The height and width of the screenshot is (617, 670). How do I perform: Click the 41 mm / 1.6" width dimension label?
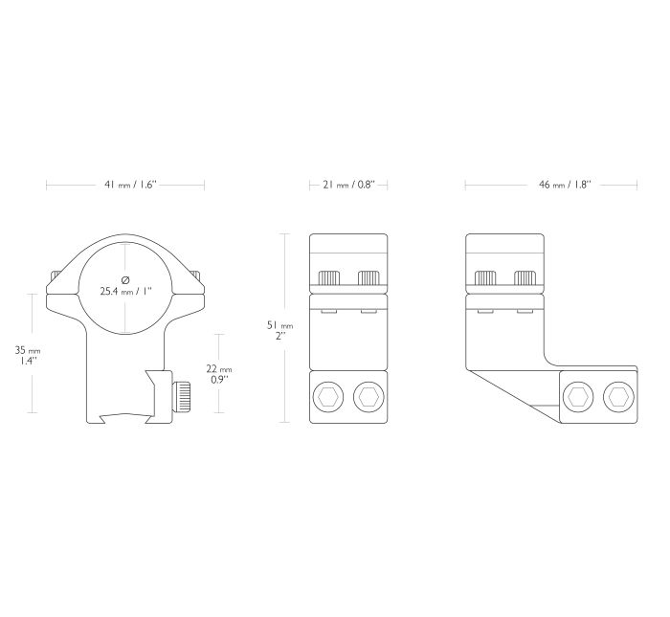pyautogui.click(x=131, y=185)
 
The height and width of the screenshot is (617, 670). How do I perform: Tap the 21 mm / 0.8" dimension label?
pyautogui.click(x=348, y=185)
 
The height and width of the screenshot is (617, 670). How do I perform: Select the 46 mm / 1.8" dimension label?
pyautogui.click(x=565, y=185)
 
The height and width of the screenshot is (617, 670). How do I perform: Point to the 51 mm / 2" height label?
pyautogui.click(x=279, y=330)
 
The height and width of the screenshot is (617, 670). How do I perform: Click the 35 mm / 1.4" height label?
pyautogui.click(x=28, y=355)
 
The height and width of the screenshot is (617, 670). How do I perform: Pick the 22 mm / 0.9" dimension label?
pyautogui.click(x=219, y=374)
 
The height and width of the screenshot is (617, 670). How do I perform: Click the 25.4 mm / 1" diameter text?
pyautogui.click(x=126, y=292)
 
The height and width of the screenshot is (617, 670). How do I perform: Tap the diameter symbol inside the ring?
pyautogui.click(x=125, y=279)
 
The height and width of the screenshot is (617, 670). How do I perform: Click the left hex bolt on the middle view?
pyautogui.click(x=328, y=398)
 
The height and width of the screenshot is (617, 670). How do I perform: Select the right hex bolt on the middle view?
pyautogui.click(x=368, y=398)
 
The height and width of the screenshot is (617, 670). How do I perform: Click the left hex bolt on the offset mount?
pyautogui.click(x=579, y=398)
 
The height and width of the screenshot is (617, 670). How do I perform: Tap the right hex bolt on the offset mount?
pyautogui.click(x=618, y=398)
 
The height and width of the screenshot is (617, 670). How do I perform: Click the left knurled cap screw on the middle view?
pyautogui.click(x=329, y=278)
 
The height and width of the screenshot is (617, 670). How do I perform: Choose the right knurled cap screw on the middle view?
pyautogui.click(x=368, y=278)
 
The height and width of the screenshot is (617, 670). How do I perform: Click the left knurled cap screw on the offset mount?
pyautogui.click(x=486, y=278)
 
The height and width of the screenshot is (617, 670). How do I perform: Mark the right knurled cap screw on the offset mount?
pyautogui.click(x=525, y=278)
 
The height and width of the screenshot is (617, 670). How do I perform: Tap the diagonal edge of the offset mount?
pyautogui.click(x=512, y=396)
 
